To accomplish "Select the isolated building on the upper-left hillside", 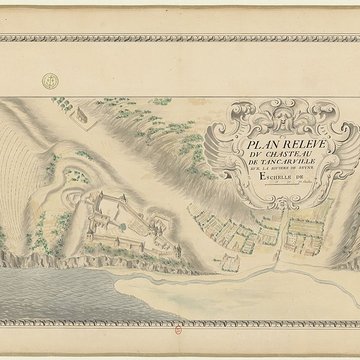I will [85, 119].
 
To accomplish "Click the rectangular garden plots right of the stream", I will [300, 240].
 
